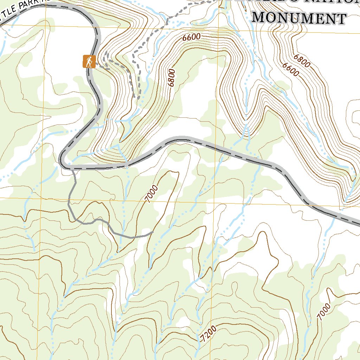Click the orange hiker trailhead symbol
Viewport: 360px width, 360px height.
click(x=89, y=62)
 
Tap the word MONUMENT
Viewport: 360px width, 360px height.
click(x=298, y=17)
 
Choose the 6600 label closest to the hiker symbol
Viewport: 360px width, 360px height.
click(x=191, y=37)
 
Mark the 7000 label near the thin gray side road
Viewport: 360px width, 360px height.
click(x=151, y=194)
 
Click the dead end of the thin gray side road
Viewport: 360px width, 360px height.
click(x=153, y=232)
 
